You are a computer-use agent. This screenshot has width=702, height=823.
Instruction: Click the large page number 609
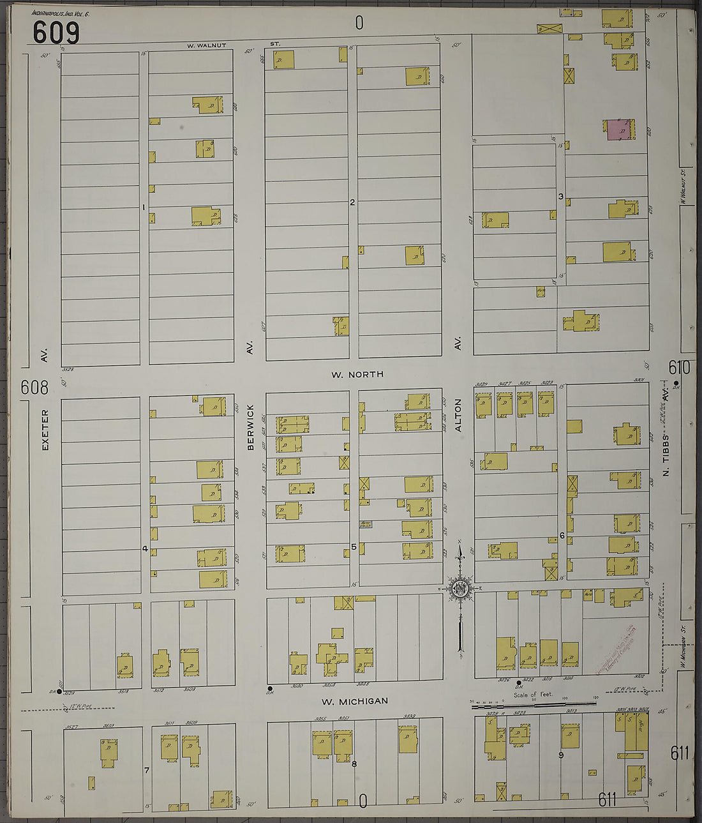point(56,32)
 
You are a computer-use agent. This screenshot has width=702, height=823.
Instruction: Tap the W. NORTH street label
point(357,374)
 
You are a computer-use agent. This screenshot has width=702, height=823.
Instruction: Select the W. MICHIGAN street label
point(354,701)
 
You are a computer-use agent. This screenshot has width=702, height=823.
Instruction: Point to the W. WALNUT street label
point(207,45)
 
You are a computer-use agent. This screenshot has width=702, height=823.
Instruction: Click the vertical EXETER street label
point(45,430)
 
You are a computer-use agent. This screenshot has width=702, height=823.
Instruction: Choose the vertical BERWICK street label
point(250,427)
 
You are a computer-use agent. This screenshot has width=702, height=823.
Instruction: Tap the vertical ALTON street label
point(458,415)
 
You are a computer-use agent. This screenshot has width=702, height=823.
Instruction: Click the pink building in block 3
point(617,129)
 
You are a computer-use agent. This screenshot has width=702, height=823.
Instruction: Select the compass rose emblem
point(459,589)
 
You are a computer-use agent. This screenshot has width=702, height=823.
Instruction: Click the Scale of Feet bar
point(534,704)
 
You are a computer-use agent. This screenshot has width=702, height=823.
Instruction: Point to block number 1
point(144,207)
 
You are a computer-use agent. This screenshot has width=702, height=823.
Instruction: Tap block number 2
point(352,202)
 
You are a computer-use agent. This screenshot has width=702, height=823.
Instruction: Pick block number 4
point(145,548)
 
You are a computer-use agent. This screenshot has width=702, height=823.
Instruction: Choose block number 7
point(146,771)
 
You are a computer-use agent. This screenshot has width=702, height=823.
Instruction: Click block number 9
point(561,756)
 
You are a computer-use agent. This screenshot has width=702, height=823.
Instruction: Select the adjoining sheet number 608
point(34,388)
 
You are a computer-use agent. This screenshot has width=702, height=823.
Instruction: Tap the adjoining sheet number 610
point(679,368)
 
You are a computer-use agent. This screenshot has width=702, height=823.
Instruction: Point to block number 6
point(562,536)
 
